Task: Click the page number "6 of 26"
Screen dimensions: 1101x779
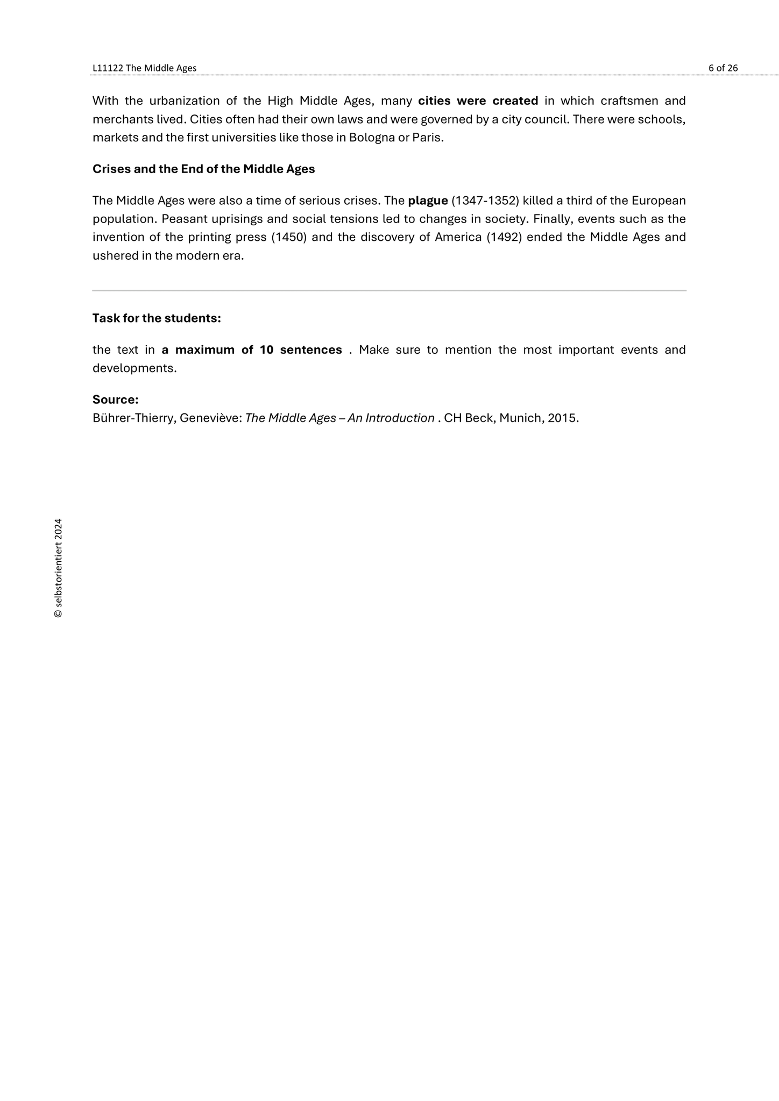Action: (723, 68)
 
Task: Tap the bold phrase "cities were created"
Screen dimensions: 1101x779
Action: (478, 101)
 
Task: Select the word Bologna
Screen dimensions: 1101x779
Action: (372, 138)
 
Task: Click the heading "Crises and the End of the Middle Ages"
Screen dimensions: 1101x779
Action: (203, 169)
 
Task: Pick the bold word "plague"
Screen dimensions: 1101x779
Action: (428, 201)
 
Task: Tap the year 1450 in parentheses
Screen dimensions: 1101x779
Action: (289, 238)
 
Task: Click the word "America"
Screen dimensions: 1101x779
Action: (458, 238)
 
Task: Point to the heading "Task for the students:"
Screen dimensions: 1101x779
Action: (157, 318)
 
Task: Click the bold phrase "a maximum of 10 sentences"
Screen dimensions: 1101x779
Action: (252, 350)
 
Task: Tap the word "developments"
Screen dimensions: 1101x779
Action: (133, 369)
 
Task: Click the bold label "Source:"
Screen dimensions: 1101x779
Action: (116, 400)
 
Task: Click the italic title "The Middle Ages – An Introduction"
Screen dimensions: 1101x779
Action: (339, 418)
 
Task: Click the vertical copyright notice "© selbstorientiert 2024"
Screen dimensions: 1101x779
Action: (58, 568)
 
